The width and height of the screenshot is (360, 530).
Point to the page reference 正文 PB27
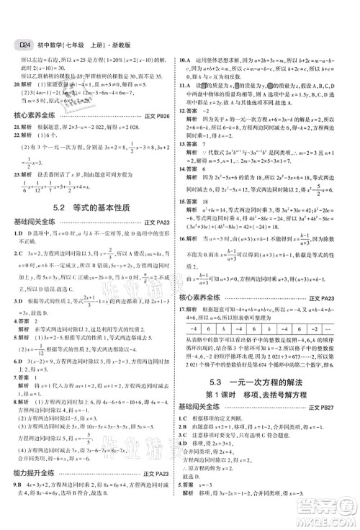click(333, 433)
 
